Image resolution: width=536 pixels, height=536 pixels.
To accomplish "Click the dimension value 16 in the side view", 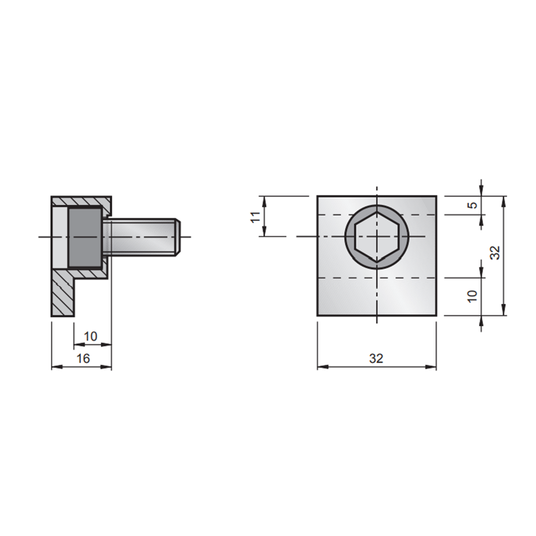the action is pyautogui.click(x=82, y=358).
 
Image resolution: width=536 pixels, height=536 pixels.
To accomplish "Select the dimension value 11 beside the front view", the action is pyautogui.click(x=256, y=216).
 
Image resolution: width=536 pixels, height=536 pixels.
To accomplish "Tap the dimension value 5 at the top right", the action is pyautogui.click(x=472, y=205).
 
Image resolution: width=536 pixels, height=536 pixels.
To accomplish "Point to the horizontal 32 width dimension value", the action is pyautogui.click(x=377, y=358).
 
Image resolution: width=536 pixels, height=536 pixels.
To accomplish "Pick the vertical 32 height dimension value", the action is pyautogui.click(x=494, y=253).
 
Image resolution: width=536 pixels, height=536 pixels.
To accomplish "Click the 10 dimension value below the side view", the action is pyautogui.click(x=90, y=336).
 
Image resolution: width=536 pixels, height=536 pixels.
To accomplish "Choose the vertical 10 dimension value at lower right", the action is pyautogui.click(x=472, y=296).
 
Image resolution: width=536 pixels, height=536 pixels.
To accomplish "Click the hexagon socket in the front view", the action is pyautogui.click(x=377, y=237).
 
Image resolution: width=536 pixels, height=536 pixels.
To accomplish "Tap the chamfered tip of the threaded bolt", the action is pyautogui.click(x=178, y=237).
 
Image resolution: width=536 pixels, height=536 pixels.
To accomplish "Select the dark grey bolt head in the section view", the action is pyautogui.click(x=85, y=237).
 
